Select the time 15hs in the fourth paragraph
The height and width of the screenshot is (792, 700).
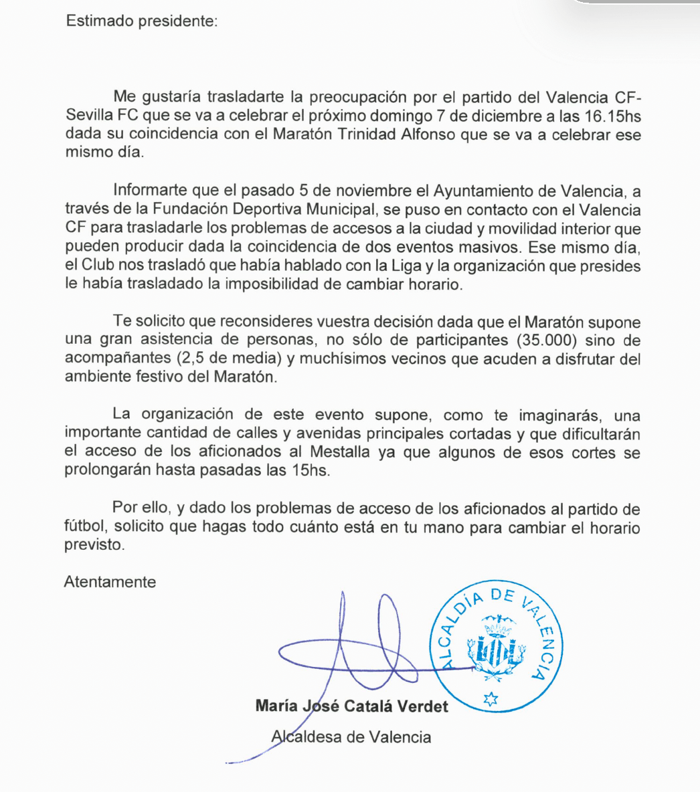(x=310, y=470)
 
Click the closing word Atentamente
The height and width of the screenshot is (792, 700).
(x=110, y=582)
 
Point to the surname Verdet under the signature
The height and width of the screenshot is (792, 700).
(x=422, y=706)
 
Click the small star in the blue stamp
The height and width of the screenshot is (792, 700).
(x=491, y=699)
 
